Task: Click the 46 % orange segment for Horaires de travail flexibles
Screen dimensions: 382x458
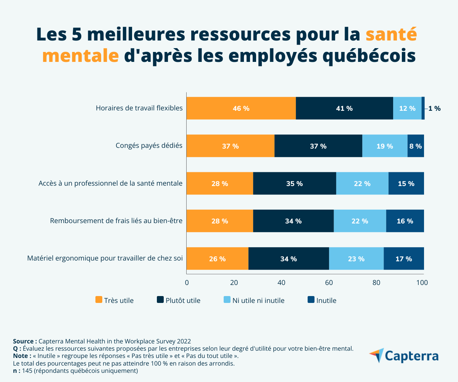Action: (241, 108)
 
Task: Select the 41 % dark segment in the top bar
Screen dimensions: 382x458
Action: (344, 108)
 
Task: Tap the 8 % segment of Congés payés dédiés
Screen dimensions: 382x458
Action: (416, 146)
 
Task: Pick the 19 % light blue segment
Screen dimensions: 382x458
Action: (385, 146)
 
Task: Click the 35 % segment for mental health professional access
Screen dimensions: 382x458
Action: (294, 183)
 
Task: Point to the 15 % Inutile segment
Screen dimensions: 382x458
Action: (406, 183)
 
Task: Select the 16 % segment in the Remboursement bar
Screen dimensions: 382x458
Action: (405, 221)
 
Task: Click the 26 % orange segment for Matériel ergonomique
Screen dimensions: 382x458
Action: (217, 259)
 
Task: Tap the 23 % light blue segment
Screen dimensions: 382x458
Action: (356, 259)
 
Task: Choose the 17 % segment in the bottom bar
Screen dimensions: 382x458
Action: (404, 259)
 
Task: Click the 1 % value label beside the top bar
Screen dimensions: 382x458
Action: (434, 108)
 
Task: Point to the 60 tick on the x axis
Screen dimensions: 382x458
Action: (329, 283)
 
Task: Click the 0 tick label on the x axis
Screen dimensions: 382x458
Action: (187, 283)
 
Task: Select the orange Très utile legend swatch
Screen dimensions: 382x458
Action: (98, 300)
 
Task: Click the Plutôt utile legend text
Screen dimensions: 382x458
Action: (183, 301)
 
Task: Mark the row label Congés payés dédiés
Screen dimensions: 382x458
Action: (149, 146)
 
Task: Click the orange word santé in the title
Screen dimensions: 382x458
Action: (391, 34)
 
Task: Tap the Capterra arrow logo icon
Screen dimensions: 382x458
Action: (376, 355)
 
